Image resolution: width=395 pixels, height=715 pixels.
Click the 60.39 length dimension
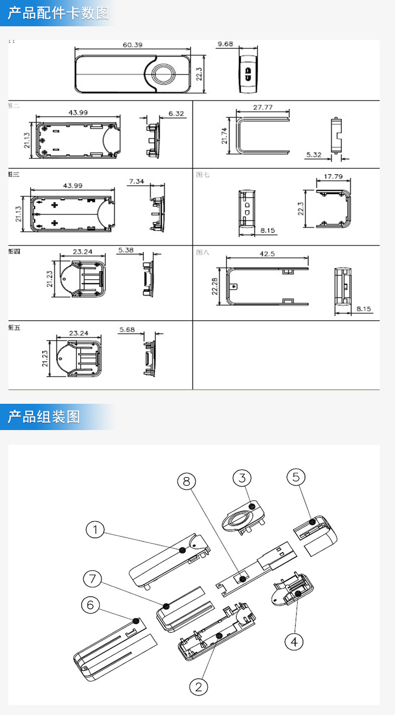133,45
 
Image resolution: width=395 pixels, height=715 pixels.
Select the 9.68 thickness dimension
225,44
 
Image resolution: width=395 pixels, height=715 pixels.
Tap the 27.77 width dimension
262,107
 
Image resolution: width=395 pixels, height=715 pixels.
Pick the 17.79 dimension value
333,177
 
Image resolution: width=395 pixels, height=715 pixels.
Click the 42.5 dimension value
267,253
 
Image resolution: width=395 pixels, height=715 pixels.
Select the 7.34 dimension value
136,181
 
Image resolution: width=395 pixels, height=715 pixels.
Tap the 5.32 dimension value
314,155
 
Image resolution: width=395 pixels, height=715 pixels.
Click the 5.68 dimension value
127,330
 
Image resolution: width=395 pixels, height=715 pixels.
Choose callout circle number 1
95,530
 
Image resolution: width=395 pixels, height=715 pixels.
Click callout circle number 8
186,481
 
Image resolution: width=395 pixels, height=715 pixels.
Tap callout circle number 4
294,641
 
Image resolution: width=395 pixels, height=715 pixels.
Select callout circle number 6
90,605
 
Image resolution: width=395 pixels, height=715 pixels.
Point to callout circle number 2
199,686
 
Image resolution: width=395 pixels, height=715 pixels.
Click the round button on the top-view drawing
164,74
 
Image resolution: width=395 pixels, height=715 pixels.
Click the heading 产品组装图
44,417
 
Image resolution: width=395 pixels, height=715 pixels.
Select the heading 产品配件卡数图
58,13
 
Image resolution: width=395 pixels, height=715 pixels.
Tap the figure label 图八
203,252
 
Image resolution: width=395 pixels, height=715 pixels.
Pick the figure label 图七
203,175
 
